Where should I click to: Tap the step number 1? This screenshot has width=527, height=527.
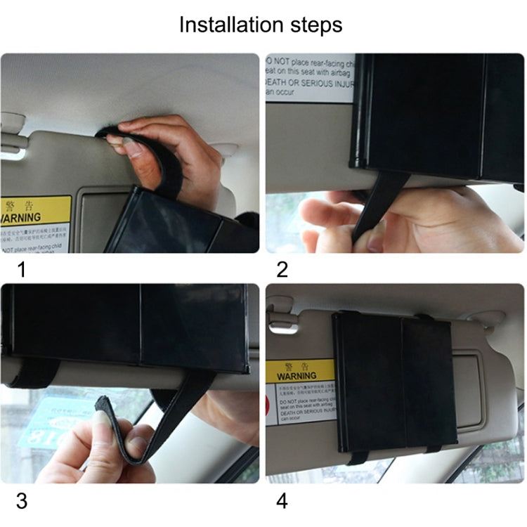[21, 268]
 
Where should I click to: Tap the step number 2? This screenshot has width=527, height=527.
[282, 268]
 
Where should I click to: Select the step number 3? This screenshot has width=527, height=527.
[21, 501]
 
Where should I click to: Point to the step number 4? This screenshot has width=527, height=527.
[282, 501]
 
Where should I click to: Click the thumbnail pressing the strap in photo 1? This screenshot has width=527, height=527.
[131, 145]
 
